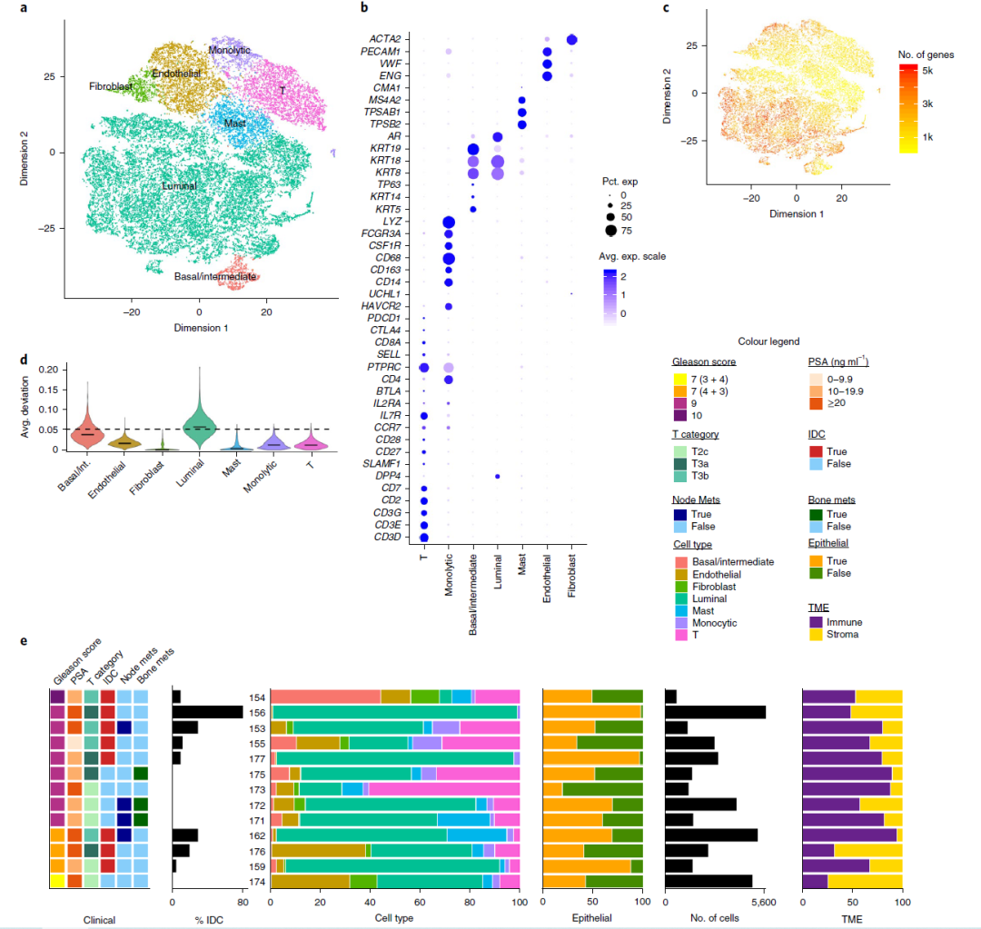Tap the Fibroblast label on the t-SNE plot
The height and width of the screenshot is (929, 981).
[112, 87]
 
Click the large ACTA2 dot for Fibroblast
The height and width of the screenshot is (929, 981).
[572, 39]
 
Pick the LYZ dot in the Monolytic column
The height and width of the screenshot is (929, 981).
[448, 222]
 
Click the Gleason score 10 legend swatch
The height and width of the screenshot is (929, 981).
[679, 416]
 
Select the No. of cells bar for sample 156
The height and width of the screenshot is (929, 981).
[715, 712]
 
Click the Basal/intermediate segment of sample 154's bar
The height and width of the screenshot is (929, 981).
[325, 696]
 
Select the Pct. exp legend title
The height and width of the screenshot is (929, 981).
[619, 181]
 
